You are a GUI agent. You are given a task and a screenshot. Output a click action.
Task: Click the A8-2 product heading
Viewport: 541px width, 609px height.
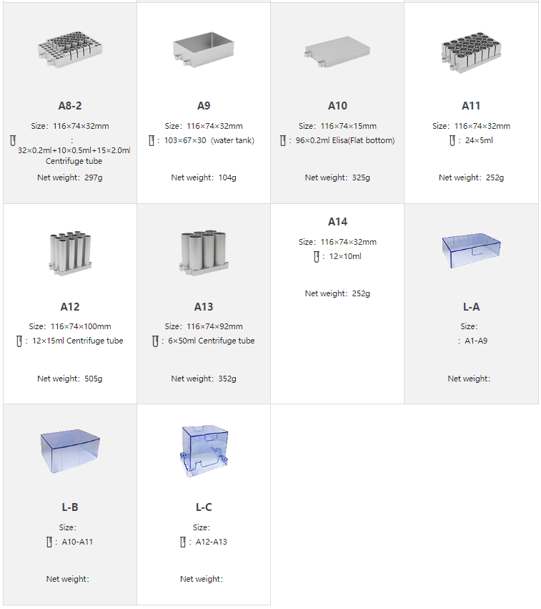(x=70, y=106)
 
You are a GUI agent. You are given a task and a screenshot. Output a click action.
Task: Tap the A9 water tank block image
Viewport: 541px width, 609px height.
(x=204, y=50)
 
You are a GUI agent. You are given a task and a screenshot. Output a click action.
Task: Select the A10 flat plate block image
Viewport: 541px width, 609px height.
(x=337, y=52)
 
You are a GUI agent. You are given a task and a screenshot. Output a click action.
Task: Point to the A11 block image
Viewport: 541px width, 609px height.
(x=471, y=52)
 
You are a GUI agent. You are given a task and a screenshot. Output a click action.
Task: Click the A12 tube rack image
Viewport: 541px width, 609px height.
(x=70, y=253)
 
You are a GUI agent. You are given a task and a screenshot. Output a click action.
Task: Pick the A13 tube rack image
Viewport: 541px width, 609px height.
(x=204, y=253)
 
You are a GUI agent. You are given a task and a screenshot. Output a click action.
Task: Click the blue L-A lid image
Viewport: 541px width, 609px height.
(x=471, y=250)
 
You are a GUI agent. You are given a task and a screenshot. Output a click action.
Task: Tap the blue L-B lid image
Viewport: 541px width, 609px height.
(x=70, y=451)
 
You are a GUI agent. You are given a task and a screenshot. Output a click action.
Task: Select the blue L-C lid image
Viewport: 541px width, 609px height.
(x=204, y=451)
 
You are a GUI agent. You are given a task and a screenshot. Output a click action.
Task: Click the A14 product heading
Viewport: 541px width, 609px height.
(x=337, y=222)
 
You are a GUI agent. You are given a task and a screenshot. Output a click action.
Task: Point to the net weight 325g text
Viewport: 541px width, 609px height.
(x=337, y=177)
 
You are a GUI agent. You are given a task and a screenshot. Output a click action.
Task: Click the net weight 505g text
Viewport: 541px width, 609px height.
(x=70, y=379)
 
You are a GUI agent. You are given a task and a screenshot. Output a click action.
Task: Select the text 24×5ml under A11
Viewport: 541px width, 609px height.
(x=479, y=140)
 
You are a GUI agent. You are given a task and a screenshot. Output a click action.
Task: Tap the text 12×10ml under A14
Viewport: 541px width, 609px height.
(x=345, y=256)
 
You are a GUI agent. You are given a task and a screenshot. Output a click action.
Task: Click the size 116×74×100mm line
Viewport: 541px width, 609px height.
(x=70, y=326)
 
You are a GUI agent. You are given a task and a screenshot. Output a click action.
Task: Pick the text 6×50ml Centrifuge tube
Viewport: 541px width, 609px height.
(x=212, y=341)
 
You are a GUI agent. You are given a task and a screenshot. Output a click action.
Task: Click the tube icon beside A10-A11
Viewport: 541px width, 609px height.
(x=49, y=542)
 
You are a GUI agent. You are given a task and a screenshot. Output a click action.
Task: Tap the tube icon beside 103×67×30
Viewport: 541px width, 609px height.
(x=152, y=140)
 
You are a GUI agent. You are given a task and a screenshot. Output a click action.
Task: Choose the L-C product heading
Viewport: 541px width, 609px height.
(x=204, y=507)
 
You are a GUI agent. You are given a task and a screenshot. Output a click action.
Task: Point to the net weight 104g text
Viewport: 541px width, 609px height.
(x=204, y=177)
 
